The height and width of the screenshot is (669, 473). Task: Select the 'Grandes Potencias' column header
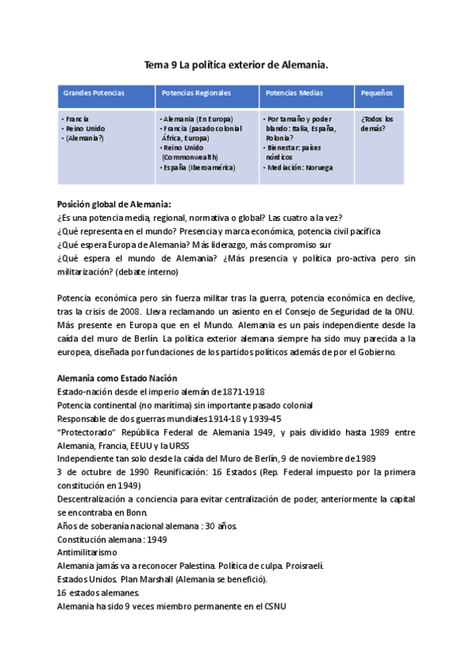click(x=94, y=93)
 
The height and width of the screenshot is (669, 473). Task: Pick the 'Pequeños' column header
click(x=377, y=93)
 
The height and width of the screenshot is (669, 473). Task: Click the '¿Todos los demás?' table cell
click(x=378, y=123)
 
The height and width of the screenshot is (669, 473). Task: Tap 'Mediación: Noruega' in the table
click(x=301, y=167)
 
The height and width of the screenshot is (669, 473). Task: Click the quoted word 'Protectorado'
click(x=87, y=432)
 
